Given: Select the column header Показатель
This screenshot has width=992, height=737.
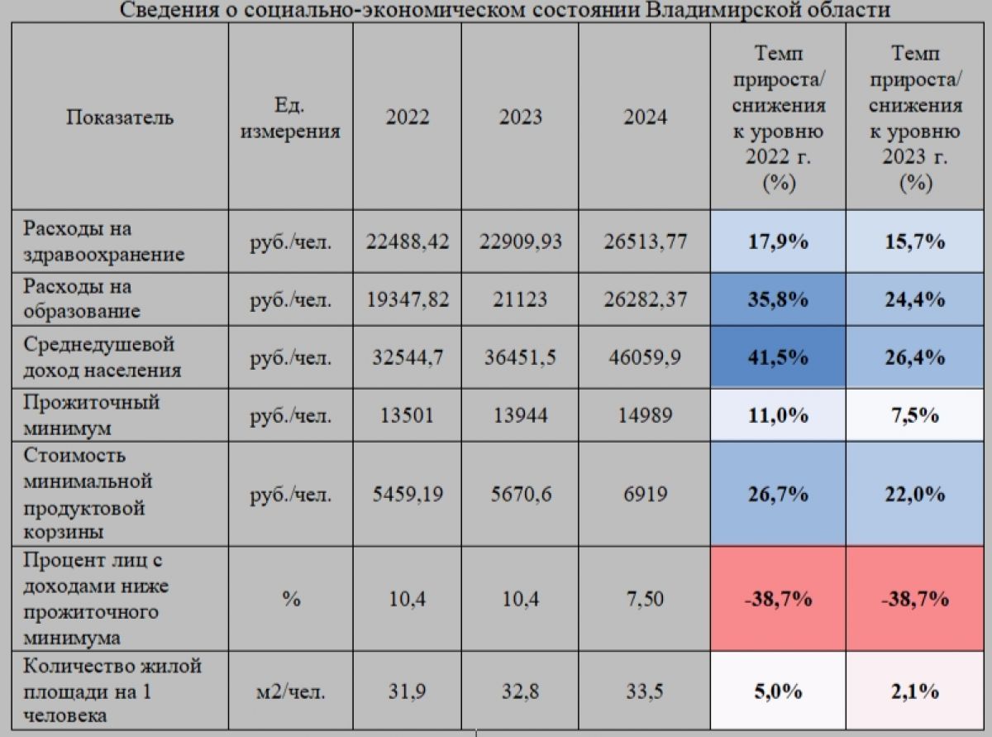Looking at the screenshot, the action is (120, 117).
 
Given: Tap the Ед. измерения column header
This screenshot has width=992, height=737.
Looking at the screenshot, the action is (290, 118).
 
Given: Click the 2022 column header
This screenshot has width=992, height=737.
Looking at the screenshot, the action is (408, 117).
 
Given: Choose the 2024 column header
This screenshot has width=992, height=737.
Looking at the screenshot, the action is (645, 117).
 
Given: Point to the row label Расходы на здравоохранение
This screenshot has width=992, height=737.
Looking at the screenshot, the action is (104, 242).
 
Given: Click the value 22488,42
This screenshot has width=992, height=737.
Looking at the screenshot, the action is (408, 242).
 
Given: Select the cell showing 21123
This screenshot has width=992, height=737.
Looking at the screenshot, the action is (520, 299).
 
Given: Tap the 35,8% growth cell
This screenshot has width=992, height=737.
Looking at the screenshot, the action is (778, 299).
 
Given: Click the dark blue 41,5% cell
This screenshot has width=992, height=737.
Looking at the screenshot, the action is (778, 357).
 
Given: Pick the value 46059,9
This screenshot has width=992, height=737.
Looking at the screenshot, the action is (645, 357).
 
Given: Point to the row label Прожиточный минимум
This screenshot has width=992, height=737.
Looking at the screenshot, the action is (91, 415).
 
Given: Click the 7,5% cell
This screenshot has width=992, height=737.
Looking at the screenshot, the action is (914, 415).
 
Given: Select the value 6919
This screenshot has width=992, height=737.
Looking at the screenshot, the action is (646, 494).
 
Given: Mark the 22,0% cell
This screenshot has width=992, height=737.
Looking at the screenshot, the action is (914, 494).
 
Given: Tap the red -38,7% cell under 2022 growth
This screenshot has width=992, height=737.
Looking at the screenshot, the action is (778, 599).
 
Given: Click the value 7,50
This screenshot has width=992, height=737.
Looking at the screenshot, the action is (645, 599).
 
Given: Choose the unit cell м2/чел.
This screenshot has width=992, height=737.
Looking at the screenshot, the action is (290, 692).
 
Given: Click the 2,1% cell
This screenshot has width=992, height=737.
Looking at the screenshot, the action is (914, 692).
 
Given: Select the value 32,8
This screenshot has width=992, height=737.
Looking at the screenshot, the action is (520, 692).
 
